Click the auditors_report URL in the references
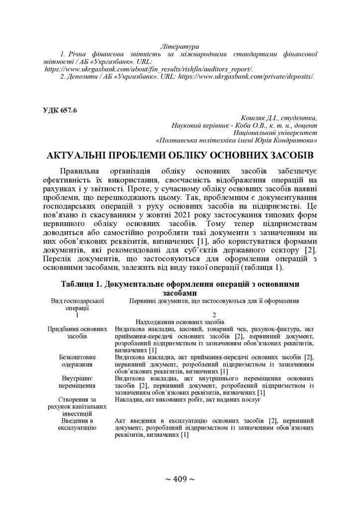(x=149, y=69)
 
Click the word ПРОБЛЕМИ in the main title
(x=145, y=155)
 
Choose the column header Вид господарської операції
(x=77, y=304)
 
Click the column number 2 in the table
(x=214, y=315)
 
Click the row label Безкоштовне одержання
(x=77, y=360)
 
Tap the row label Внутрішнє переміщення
(x=77, y=381)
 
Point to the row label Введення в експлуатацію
(x=77, y=424)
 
